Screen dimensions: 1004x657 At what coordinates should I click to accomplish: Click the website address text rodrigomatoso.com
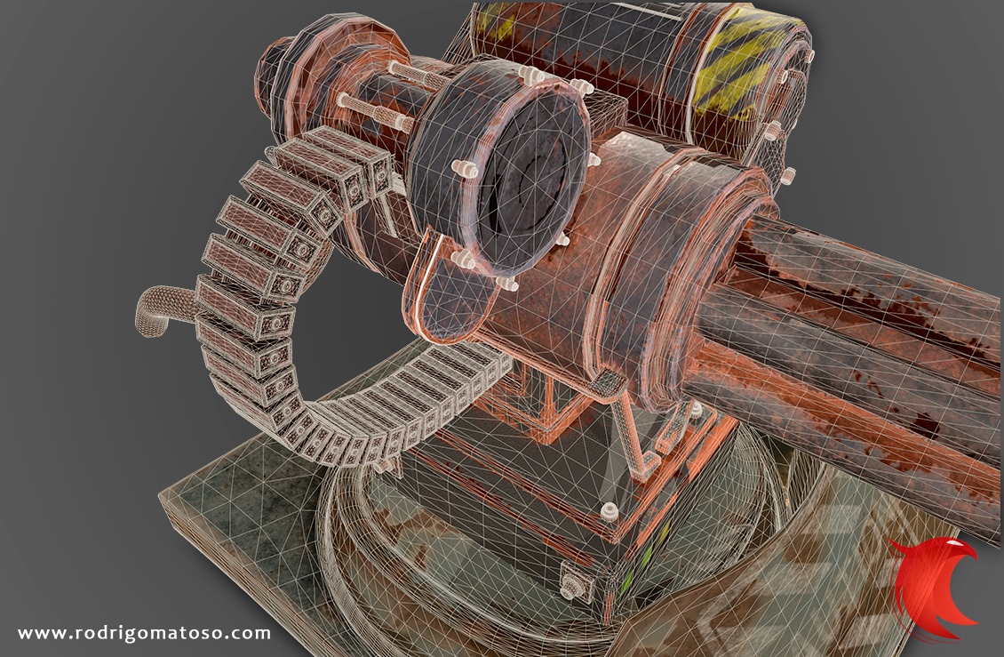tap(144, 633)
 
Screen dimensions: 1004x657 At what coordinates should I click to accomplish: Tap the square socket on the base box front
tap(577, 582)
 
